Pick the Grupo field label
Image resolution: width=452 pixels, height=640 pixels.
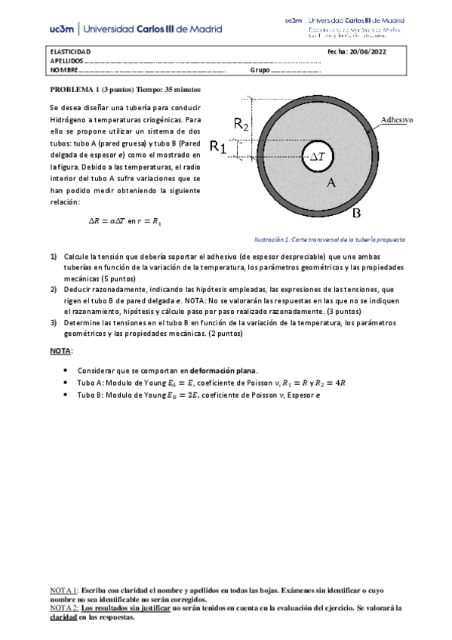(260, 70)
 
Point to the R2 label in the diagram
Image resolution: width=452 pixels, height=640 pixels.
(241, 125)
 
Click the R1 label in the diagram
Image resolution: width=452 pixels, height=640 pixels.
(218, 146)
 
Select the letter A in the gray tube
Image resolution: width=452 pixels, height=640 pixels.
(331, 183)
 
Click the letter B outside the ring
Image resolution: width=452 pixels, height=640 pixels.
(358, 212)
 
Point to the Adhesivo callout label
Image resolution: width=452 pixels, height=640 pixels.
(401, 119)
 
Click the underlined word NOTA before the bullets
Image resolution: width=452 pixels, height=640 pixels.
(60, 352)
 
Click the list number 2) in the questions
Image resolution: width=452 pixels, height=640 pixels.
(54, 289)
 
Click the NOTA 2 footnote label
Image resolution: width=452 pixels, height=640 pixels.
(63, 607)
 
